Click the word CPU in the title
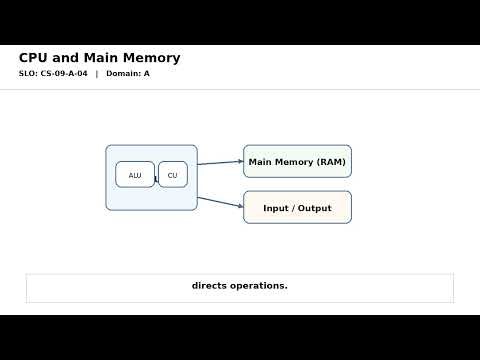(x=34, y=58)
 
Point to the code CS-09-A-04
(x=64, y=74)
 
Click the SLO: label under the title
(x=28, y=74)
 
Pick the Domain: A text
(x=128, y=74)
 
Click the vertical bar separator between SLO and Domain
(x=96, y=74)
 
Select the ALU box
(x=135, y=175)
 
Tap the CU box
(x=172, y=175)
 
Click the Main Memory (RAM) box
(x=297, y=161)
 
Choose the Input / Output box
(x=297, y=207)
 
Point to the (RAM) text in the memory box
(x=331, y=162)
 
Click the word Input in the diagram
(x=276, y=208)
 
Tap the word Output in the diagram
(x=314, y=208)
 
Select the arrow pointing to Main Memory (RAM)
(x=220, y=162)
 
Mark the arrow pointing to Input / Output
(x=220, y=203)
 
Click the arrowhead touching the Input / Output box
(x=241, y=207)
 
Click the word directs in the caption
(x=210, y=286)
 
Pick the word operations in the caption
(x=259, y=286)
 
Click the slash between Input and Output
(x=293, y=208)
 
